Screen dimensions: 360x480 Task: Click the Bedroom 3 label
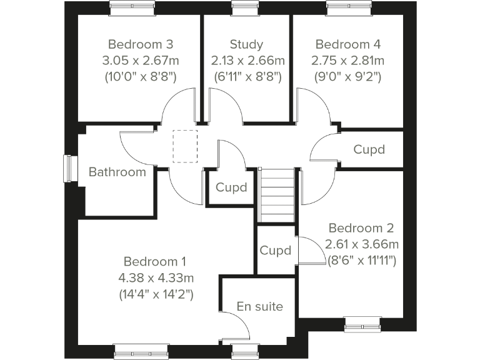tap(140, 44)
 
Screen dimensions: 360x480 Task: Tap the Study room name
tap(246, 44)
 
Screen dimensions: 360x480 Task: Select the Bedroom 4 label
tap(347, 44)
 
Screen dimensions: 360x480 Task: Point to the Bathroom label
tap(117, 172)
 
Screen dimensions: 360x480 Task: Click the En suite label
tap(259, 306)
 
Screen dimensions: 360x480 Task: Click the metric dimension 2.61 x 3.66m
tap(361, 244)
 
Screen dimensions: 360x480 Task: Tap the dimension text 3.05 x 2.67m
tap(140, 61)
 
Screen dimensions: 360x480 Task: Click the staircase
tap(277, 195)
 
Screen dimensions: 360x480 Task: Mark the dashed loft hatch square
tap(184, 146)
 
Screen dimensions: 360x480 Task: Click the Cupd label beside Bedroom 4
tap(369, 150)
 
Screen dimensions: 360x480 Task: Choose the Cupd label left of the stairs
tap(231, 187)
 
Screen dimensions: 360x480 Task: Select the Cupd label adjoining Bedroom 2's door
tap(276, 251)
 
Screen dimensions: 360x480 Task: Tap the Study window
tap(241, 8)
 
